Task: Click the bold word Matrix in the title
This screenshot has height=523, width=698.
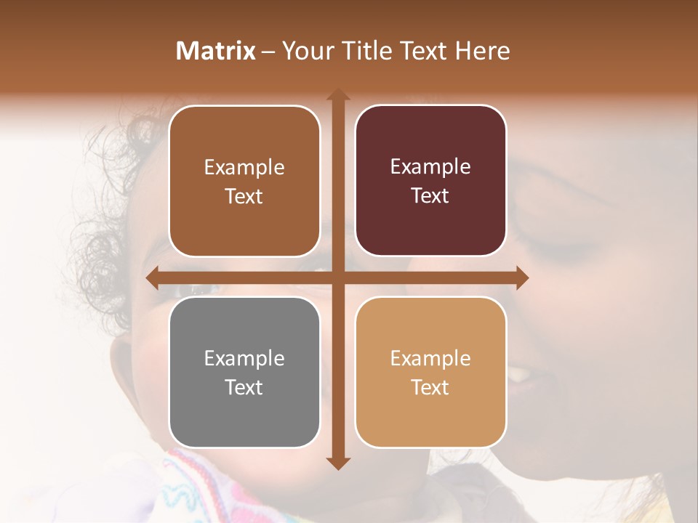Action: click(216, 51)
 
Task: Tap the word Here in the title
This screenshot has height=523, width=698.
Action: click(482, 51)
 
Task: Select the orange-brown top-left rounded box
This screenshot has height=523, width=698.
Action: click(244, 181)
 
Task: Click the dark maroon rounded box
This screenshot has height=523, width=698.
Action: click(430, 181)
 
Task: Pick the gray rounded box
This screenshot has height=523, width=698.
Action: click(244, 372)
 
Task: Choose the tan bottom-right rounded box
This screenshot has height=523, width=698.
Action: click(430, 372)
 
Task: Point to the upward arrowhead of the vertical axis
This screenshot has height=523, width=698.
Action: click(337, 95)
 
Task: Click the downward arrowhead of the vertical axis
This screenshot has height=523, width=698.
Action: click(337, 463)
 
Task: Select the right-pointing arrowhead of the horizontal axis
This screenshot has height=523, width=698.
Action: click(521, 278)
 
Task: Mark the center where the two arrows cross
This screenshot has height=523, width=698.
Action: click(337, 278)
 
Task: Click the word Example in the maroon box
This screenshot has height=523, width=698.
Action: click(430, 167)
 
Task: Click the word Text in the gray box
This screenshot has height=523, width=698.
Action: click(244, 387)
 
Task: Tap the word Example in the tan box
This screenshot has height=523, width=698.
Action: click(430, 358)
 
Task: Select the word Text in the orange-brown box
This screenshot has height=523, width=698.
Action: click(244, 196)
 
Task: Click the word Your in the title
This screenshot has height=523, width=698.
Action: click(305, 51)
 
